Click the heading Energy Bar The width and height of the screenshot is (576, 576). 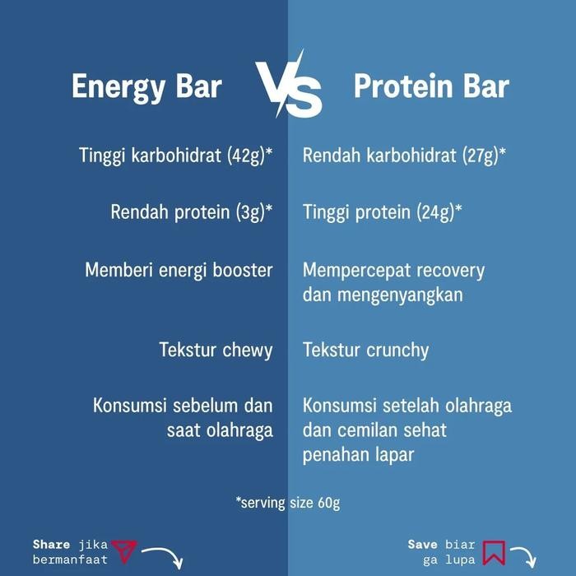click(x=146, y=86)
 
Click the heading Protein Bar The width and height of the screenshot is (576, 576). click(x=430, y=86)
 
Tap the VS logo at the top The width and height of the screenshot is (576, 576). click(x=288, y=85)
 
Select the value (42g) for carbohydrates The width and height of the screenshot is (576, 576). click(x=244, y=156)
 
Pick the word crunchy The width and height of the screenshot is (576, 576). click(x=398, y=351)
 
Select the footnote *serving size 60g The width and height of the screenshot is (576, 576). click(x=288, y=503)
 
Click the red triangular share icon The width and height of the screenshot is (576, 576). click(x=122, y=550)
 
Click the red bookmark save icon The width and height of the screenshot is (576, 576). click(x=494, y=551)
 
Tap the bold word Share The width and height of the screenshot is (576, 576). click(x=51, y=544)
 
